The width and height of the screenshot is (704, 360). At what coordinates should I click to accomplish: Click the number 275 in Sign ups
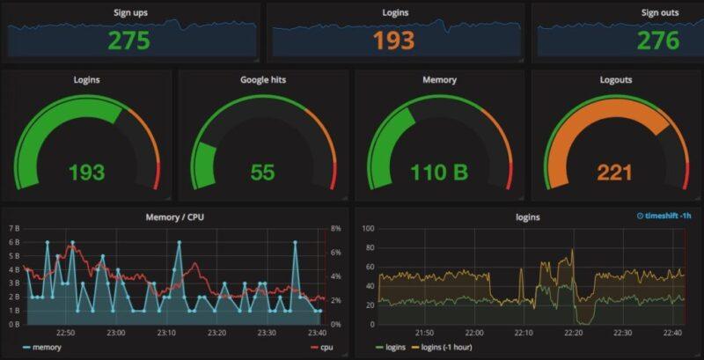(x=128, y=40)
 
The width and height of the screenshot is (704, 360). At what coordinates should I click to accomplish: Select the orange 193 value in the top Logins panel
(x=392, y=40)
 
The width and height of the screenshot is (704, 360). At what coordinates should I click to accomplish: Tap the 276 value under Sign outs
(x=658, y=40)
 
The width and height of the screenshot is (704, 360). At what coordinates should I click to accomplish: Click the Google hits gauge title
(x=262, y=80)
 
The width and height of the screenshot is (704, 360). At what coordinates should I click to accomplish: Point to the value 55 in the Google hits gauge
(x=262, y=172)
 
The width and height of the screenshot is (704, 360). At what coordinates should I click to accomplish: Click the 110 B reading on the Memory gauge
(x=439, y=172)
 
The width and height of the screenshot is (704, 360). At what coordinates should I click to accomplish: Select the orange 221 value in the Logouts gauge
(x=614, y=172)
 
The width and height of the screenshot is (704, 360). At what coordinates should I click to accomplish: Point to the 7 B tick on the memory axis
(x=13, y=228)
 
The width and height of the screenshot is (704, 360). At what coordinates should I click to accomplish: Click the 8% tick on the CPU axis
(x=335, y=228)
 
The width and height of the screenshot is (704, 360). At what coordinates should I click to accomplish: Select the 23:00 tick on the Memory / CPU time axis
(x=115, y=333)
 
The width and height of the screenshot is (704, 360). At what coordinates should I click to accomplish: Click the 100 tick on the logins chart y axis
(x=369, y=228)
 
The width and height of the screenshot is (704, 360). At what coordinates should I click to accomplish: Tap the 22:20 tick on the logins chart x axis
(x=573, y=333)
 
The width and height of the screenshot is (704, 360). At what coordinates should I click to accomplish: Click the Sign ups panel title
(x=131, y=13)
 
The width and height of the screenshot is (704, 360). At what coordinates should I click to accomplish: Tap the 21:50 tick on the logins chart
(x=423, y=333)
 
